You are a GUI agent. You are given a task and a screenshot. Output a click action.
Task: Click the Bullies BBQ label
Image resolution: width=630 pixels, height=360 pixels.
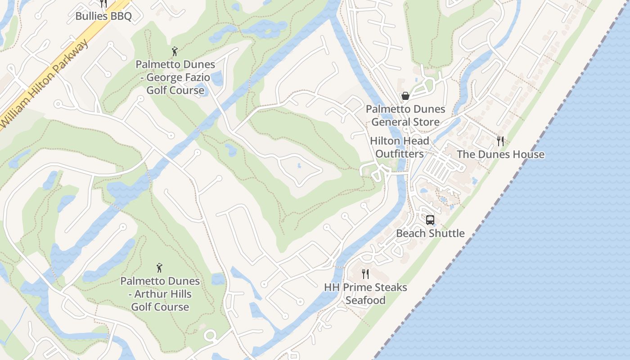pos(103,17)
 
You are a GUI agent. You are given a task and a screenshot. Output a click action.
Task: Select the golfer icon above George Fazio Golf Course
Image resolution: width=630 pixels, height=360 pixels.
pos(175,51)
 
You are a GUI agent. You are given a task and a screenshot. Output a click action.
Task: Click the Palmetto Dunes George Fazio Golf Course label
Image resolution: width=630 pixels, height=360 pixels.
pos(175,77)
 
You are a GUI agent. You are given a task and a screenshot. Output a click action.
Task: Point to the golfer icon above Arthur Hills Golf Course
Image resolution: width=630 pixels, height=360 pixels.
pos(159,268)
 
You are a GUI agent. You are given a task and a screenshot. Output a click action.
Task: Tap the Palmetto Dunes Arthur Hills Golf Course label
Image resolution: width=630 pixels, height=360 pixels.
pos(160,294)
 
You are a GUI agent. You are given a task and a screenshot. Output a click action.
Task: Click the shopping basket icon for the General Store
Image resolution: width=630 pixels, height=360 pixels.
pos(405,96)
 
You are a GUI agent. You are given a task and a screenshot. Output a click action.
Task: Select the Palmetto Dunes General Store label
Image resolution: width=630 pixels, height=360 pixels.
pos(405,116)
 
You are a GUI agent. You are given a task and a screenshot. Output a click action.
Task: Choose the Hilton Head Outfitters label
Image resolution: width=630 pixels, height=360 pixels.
pos(400,147)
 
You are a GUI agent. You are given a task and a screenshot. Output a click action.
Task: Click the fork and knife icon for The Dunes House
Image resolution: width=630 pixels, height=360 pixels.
pos(500,141)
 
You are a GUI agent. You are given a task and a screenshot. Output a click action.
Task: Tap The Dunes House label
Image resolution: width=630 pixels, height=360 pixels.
pos(500,155)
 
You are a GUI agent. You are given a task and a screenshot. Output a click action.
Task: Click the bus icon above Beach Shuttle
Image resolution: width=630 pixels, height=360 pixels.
pos(430,220)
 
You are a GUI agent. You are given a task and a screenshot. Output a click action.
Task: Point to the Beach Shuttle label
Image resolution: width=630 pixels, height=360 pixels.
pos(430,233)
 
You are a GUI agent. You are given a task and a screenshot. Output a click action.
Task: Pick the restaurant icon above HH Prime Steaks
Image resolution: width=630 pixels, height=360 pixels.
pos(366,274)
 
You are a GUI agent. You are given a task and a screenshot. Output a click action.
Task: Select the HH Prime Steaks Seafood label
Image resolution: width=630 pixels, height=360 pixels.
pos(365,294)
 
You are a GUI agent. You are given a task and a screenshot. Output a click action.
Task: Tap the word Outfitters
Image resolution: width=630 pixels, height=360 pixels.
pos(400,154)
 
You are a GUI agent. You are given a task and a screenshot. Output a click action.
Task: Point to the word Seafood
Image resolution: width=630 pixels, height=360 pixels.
pos(365,301)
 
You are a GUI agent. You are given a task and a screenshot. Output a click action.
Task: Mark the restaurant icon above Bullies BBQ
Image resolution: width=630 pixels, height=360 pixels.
pos(103,4)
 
